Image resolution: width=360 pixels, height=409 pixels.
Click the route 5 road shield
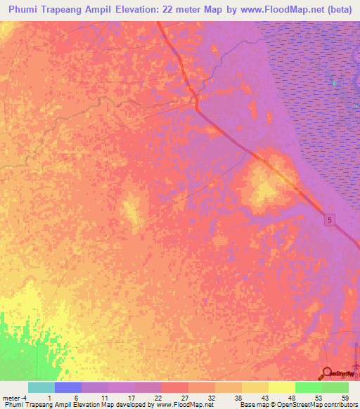pos(330,221)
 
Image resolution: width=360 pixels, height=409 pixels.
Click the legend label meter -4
pos(13,397)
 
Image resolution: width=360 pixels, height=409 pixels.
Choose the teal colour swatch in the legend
pos(41,387)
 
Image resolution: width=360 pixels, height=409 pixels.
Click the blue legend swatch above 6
pos(67,387)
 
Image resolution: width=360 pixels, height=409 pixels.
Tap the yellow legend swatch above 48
pos(281,387)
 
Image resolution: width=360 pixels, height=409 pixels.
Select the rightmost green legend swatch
pos(335,387)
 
